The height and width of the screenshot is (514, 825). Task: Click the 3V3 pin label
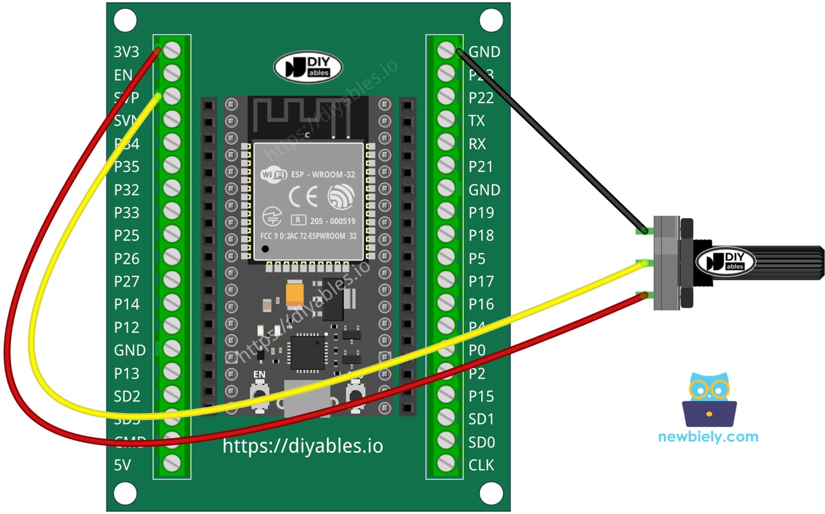click(126, 52)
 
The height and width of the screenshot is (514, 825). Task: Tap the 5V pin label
click(122, 465)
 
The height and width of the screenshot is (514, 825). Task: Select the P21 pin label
click(481, 167)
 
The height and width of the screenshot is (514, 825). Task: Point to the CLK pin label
click(481, 465)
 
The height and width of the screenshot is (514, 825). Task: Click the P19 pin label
click(481, 212)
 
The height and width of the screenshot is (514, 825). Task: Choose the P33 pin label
click(126, 212)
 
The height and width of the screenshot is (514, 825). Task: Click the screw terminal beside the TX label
click(446, 120)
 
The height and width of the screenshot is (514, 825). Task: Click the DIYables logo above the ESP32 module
click(308, 67)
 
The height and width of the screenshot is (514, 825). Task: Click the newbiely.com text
click(708, 436)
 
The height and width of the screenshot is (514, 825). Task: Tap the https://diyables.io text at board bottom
click(303, 446)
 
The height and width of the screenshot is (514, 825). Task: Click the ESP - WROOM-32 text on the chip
click(323, 174)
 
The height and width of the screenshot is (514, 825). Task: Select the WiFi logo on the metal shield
click(274, 174)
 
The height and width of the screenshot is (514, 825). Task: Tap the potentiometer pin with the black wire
click(643, 230)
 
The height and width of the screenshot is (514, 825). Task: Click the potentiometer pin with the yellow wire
click(643, 264)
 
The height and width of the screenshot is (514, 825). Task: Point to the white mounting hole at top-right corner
click(491, 21)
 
